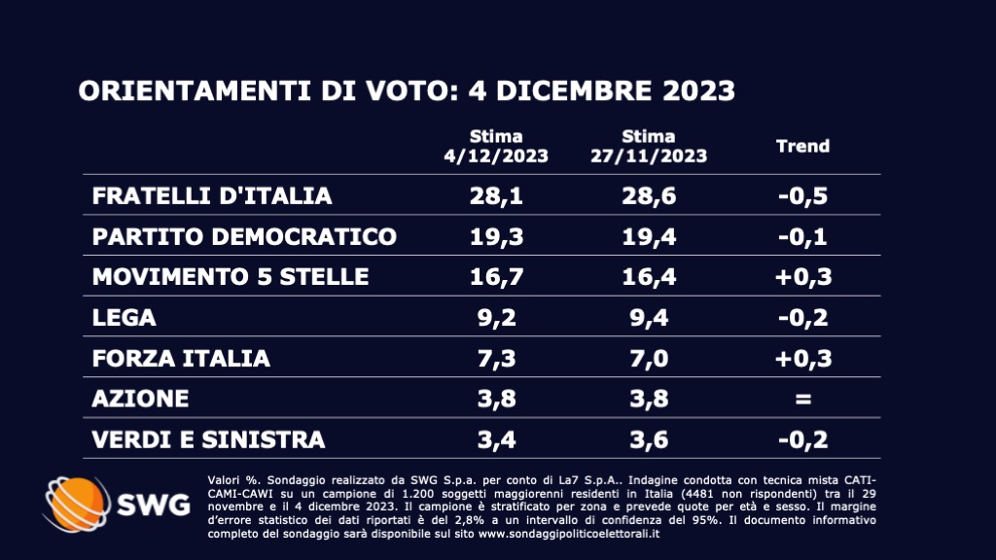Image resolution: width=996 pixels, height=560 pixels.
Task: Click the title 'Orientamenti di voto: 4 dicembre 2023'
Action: (406, 91)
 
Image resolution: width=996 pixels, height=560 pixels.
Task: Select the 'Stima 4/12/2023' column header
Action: (496, 146)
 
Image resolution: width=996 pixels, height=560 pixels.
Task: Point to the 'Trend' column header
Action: (802, 146)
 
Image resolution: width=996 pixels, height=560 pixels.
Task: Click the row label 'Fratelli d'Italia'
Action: (212, 195)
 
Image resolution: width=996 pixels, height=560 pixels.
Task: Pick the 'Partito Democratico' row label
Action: (244, 236)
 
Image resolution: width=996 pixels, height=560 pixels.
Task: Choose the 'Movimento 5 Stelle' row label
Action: (231, 277)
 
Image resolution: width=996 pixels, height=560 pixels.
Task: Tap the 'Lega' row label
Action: (124, 318)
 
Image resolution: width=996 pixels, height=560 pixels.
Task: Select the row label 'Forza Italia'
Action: (181, 358)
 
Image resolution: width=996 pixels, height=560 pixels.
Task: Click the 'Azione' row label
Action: (140, 399)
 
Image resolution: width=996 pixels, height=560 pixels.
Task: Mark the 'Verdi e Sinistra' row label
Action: (208, 439)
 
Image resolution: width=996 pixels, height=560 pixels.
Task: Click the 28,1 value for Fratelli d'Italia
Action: (496, 195)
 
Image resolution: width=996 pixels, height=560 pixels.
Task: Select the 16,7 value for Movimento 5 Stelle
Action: (496, 277)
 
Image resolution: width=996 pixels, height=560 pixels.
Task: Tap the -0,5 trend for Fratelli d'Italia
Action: (802, 195)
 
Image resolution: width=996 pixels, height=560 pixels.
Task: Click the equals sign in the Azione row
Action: (802, 399)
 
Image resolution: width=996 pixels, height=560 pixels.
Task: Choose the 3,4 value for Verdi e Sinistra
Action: (496, 439)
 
